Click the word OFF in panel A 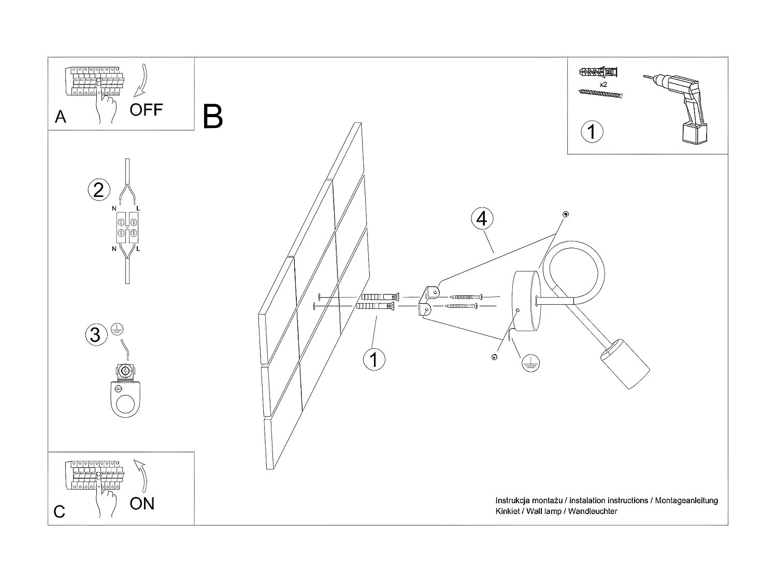[146, 109]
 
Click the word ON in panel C [141, 503]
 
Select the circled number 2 [98, 190]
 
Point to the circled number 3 [95, 334]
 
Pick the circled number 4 [481, 219]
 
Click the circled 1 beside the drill [592, 132]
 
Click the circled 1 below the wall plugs [374, 359]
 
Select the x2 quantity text [603, 83]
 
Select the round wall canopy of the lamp [526, 301]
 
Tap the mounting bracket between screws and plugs [428, 302]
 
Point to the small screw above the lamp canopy [565, 215]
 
